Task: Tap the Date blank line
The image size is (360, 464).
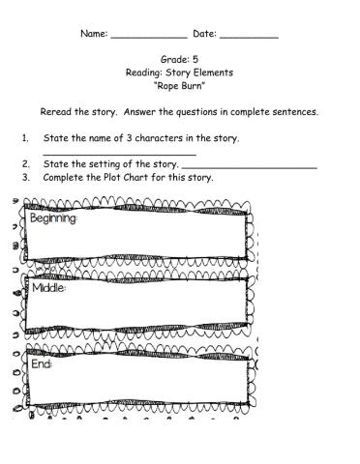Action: coord(250,37)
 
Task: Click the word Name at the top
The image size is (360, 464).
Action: coord(94,34)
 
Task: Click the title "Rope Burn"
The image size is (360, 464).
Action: coord(180,85)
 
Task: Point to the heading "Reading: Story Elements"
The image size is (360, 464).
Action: coord(180,72)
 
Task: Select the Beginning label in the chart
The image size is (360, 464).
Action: coord(54,218)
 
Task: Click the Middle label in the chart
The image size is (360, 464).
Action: coord(48,288)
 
